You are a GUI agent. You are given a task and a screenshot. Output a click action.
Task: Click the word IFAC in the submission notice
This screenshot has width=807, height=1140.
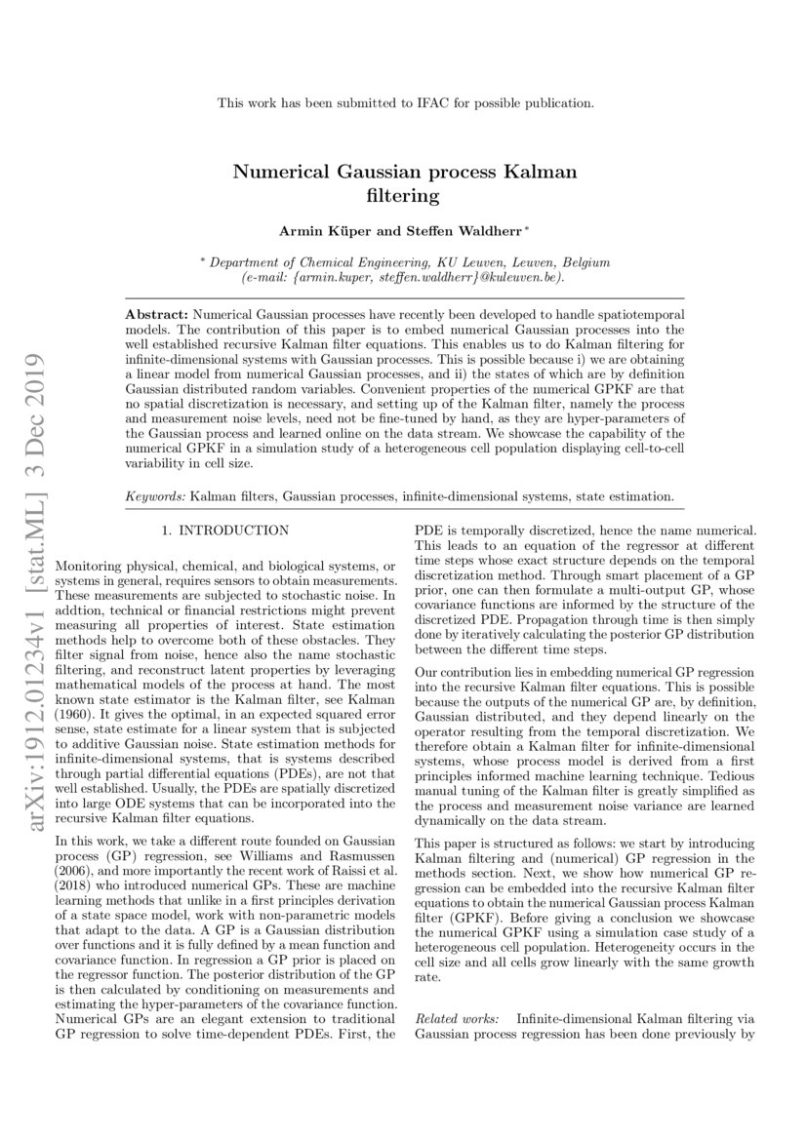[x=467, y=101]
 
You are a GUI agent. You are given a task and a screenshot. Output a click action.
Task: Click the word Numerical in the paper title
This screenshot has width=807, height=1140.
[x=277, y=174]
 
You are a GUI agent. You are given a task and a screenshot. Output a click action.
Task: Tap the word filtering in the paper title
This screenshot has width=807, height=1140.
[x=403, y=195]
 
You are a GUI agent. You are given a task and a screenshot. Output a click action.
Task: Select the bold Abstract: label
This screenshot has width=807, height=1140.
[x=158, y=317]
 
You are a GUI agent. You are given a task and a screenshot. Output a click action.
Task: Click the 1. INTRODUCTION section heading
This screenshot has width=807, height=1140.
[x=224, y=531]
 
